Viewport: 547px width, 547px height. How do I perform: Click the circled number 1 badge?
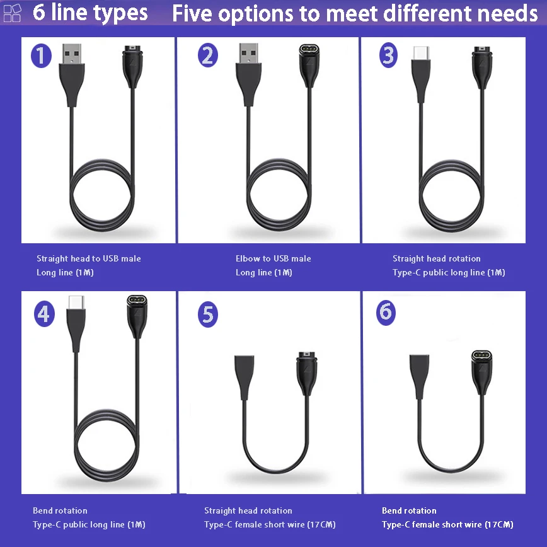(x=41, y=56)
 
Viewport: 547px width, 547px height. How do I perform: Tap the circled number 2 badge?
(x=208, y=55)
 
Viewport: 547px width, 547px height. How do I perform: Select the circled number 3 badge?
(x=388, y=55)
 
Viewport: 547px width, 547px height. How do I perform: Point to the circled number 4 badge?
(x=44, y=314)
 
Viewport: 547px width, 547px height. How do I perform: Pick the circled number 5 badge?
(x=208, y=314)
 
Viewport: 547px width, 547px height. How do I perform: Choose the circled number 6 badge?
(x=386, y=312)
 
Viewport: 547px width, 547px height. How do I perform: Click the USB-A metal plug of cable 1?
(x=72, y=54)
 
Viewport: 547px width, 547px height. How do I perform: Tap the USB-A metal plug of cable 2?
(x=249, y=54)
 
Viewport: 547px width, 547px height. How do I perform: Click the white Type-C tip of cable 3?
(x=421, y=53)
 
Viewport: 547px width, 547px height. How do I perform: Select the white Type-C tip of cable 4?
(x=76, y=302)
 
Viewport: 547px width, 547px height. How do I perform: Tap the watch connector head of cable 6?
(x=481, y=372)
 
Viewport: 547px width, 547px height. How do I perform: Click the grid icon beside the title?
(x=12, y=13)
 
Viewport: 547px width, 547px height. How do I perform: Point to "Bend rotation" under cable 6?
(x=409, y=510)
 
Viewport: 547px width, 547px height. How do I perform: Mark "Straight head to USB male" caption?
(x=89, y=258)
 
